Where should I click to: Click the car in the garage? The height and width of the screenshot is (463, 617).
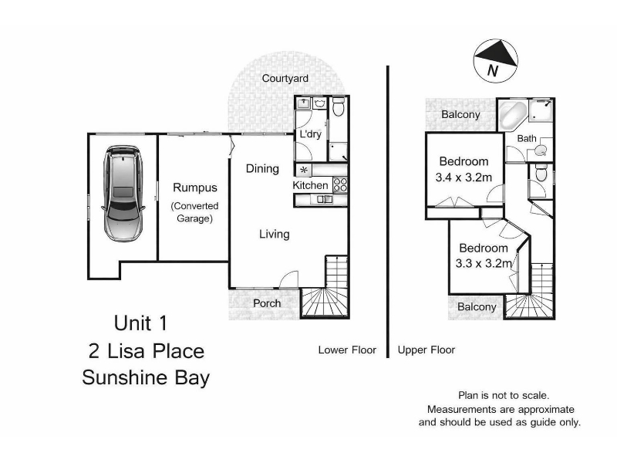point(123,194)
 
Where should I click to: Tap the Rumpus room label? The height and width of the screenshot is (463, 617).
point(195,188)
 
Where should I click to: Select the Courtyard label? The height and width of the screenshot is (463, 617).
point(285,79)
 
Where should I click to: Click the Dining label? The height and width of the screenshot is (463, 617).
point(262,168)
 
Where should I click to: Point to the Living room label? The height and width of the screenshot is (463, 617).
point(275,234)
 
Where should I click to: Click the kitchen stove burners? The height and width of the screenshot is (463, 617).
point(340,185)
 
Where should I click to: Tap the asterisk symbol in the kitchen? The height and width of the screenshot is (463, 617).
point(303,171)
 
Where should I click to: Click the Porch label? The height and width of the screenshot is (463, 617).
point(267,303)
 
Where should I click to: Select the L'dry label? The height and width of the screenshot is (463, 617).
point(311,133)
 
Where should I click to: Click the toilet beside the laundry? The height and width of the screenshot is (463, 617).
point(339,106)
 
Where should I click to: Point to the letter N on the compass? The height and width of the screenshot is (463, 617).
point(492,70)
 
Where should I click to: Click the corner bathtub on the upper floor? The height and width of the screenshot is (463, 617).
point(513,114)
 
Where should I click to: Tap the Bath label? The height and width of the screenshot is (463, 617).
point(527,139)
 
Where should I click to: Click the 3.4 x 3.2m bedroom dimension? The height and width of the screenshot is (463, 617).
point(464,177)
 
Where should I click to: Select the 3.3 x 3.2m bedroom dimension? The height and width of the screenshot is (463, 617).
point(484,263)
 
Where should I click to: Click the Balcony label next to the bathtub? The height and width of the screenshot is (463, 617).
point(460,114)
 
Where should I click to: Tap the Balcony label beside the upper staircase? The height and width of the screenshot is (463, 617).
point(477,306)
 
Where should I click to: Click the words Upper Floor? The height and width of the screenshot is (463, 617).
point(427,350)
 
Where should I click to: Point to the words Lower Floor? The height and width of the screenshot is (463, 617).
point(347,350)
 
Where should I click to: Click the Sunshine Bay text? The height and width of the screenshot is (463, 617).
point(146,377)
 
